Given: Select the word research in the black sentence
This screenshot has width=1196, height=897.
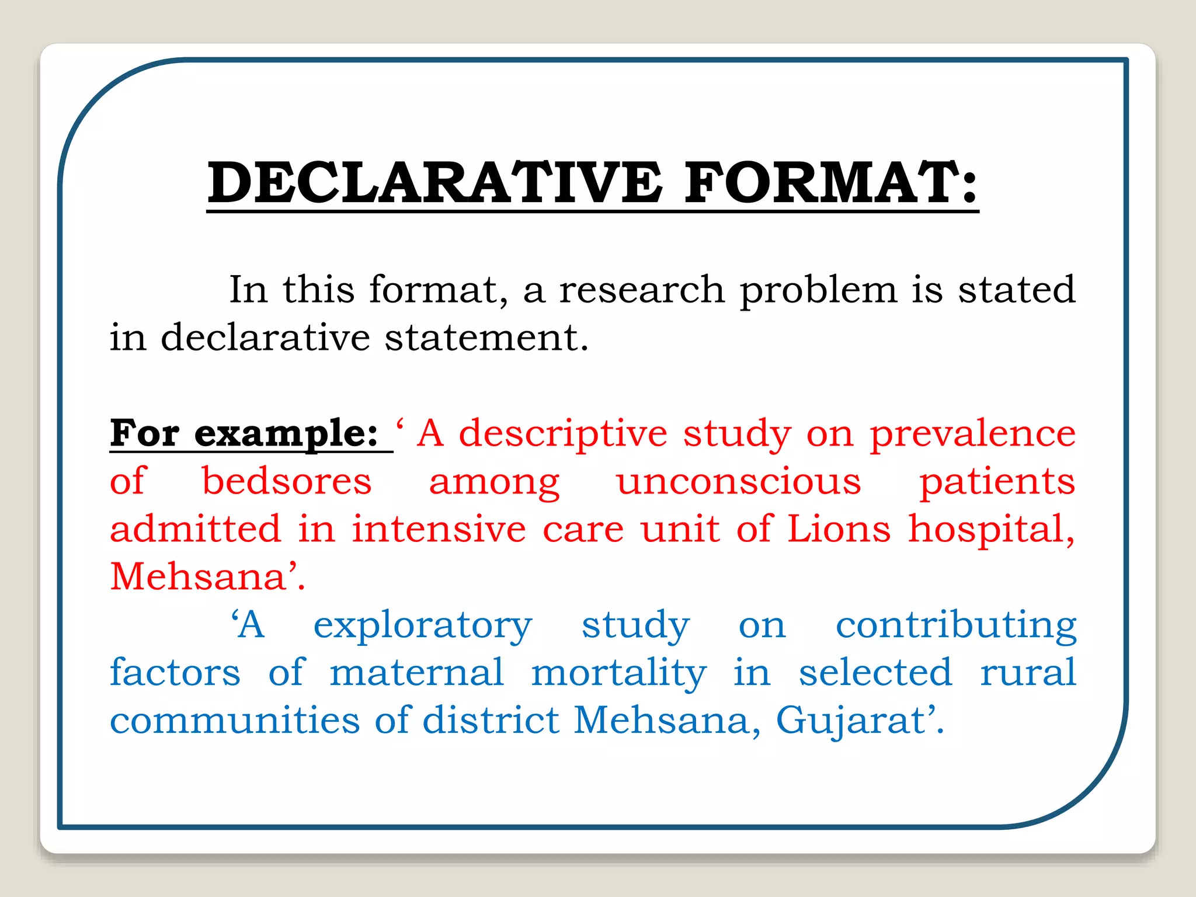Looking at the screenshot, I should (642, 290).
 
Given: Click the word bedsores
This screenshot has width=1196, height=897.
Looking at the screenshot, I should (286, 482).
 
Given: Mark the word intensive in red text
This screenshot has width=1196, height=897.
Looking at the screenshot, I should (439, 530).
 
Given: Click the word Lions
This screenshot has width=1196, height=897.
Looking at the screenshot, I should (839, 530).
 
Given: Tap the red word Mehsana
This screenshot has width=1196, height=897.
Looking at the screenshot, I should (197, 578).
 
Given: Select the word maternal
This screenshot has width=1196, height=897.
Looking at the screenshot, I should (416, 673).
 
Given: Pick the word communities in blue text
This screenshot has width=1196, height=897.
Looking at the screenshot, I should (235, 721).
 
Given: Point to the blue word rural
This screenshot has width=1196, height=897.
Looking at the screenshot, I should (1027, 673).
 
